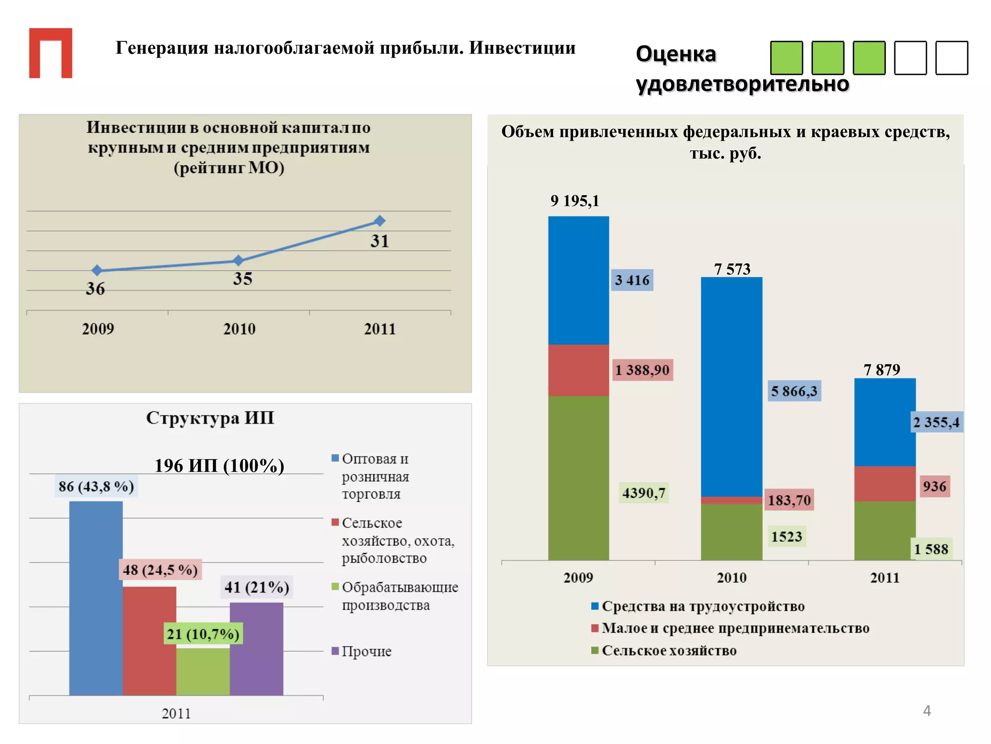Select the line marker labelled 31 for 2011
(380, 221)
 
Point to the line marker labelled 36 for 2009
(97, 270)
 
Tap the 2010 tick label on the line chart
(239, 329)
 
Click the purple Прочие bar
(256, 649)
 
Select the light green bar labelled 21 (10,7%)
(203, 671)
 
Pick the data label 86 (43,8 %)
(96, 486)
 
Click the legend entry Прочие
(366, 651)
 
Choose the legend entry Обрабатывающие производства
(399, 596)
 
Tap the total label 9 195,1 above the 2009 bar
(574, 201)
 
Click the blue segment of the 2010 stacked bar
(731, 387)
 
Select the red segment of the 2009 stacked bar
(578, 370)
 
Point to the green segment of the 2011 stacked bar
(885, 530)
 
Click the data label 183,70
(789, 500)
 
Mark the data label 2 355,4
(936, 422)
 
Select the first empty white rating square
(910, 58)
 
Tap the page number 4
(927, 711)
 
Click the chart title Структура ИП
(210, 418)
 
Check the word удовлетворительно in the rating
(742, 84)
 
